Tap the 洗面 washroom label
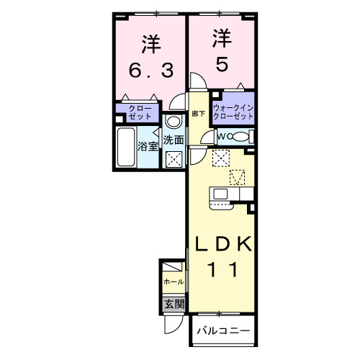point(173,140)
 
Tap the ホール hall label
point(173,282)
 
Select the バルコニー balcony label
point(224,330)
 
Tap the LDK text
point(222,244)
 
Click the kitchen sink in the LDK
point(220,194)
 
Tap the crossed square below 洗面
point(173,159)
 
